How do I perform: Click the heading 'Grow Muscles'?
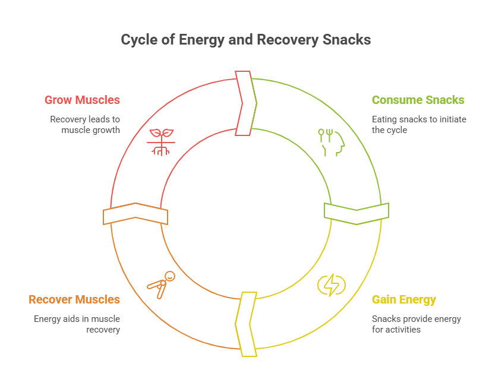[x=82, y=100]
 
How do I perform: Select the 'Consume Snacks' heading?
[x=418, y=100]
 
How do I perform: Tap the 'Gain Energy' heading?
[x=403, y=299]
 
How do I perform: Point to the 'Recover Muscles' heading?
[x=74, y=299]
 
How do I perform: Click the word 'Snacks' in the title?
[x=348, y=40]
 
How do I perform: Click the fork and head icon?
[x=331, y=141]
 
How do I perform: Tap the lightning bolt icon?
[x=331, y=285]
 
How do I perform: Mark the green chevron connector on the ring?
[x=357, y=213]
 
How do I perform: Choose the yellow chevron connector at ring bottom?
[x=246, y=324]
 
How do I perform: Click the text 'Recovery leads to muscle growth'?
[x=85, y=124]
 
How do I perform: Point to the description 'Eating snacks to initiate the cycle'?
[x=418, y=124]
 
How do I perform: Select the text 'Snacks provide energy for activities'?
[x=416, y=324]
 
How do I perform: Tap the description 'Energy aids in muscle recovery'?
[x=77, y=324]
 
